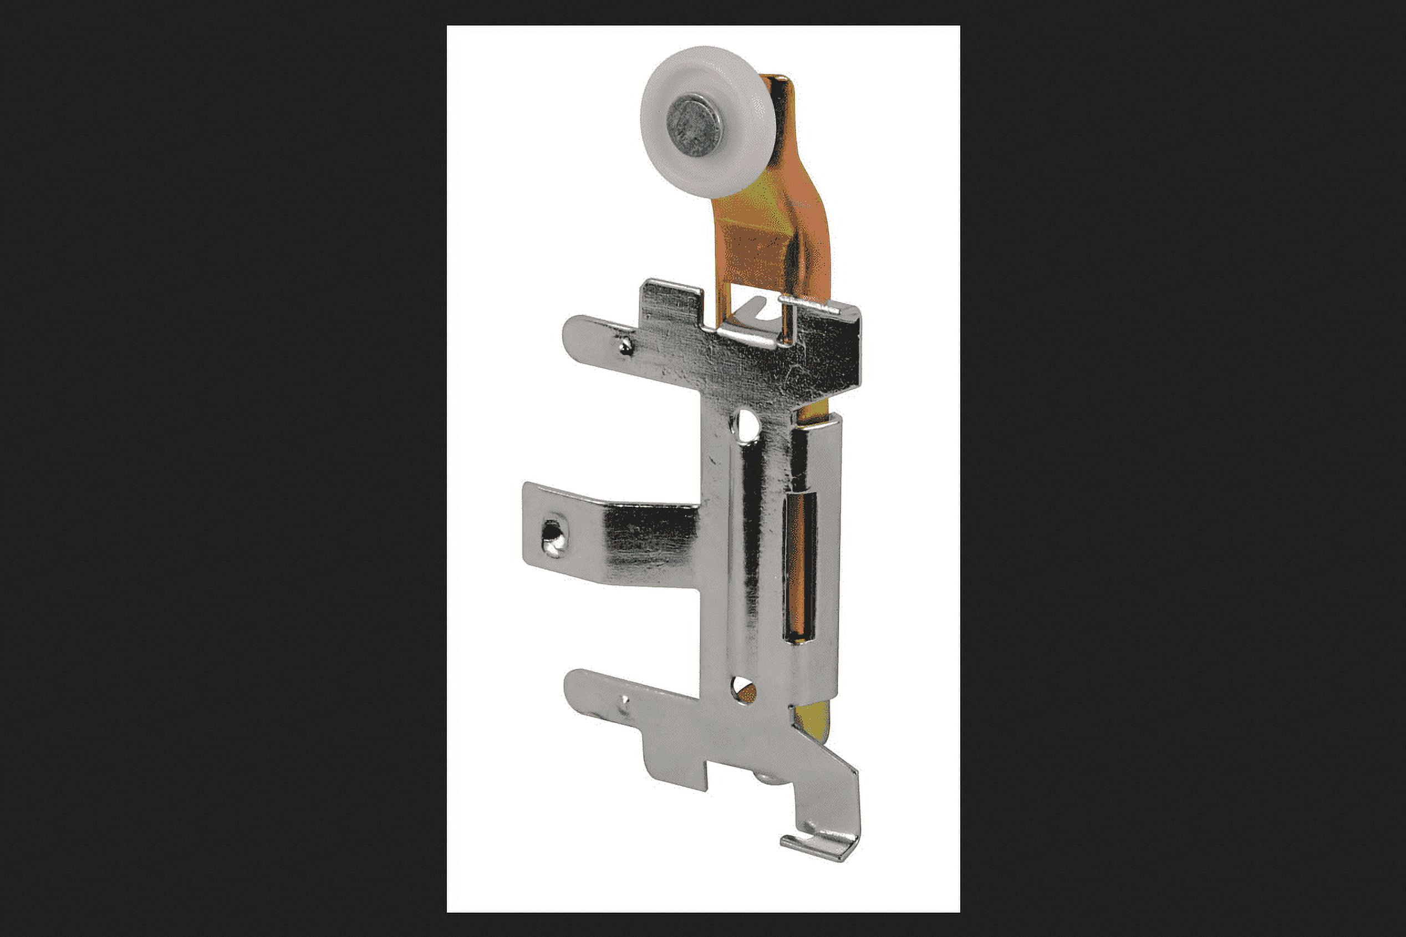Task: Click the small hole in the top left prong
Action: click(x=625, y=344)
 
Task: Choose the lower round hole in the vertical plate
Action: click(x=743, y=690)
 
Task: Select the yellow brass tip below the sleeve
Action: click(x=813, y=721)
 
